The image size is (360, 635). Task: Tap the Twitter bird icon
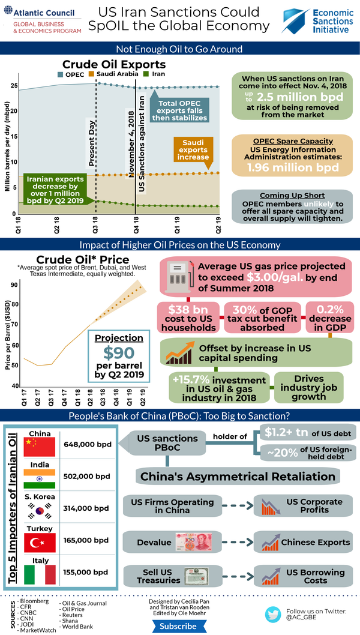pos(274,614)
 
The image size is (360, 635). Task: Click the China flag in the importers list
pos(40,447)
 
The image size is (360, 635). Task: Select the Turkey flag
pos(40,543)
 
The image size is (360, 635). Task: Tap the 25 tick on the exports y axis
pos(13,86)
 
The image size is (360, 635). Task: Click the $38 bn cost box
pos(188,317)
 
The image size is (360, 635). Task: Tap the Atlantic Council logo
pos(42,20)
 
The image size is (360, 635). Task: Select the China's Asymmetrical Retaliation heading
pos(238,477)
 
